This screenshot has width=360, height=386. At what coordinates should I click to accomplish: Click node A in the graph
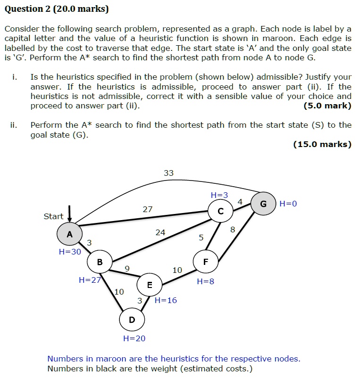tap(69, 234)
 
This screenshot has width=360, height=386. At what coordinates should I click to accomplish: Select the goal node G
tap(263, 204)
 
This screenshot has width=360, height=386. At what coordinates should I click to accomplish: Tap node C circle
tap(221, 212)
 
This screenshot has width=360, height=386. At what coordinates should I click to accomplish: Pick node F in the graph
tap(205, 262)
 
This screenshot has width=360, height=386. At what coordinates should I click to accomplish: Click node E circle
tap(150, 285)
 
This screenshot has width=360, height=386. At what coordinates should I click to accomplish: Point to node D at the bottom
tap(132, 320)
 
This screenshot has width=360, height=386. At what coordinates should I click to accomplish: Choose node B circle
tap(100, 262)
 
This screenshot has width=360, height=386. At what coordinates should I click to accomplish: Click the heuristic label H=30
tap(70, 252)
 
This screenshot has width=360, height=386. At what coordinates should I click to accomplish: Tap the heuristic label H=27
tap(90, 280)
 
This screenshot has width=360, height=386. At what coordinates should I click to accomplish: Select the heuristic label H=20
tap(134, 338)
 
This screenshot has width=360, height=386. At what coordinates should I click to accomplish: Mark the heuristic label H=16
tap(166, 300)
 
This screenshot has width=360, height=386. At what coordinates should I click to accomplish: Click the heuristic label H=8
tap(205, 281)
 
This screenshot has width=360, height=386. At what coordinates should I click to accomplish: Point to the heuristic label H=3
tap(219, 195)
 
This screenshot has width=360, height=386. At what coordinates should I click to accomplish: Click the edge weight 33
tap(168, 173)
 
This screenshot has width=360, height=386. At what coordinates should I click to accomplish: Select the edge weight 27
tap(148, 209)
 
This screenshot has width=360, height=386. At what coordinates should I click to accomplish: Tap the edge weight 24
tap(160, 232)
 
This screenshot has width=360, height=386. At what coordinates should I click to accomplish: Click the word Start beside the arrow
tap(53, 216)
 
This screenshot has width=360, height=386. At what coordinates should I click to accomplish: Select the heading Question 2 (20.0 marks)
tap(57, 9)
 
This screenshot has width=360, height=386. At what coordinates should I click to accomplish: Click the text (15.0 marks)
tap(322, 144)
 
